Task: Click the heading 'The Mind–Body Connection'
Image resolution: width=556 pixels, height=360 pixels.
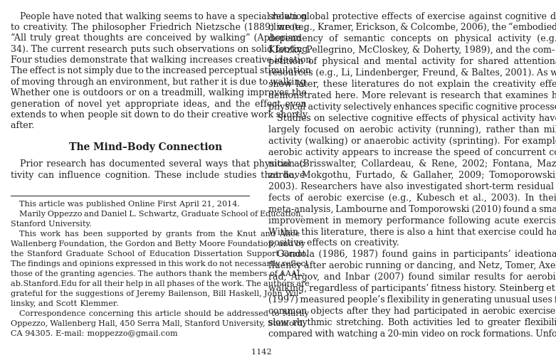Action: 145,147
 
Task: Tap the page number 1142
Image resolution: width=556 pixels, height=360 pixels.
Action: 261,352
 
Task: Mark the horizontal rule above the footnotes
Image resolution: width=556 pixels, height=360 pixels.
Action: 130,196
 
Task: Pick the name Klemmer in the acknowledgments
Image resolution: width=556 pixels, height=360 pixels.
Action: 99,304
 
